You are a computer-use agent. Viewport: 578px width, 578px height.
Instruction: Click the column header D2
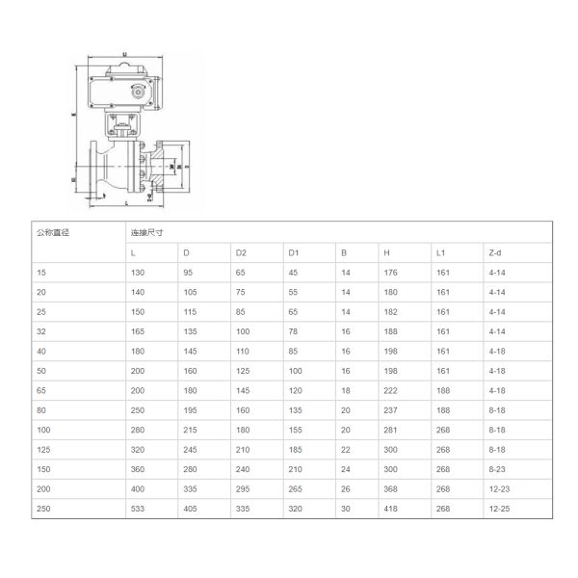(x=241, y=252)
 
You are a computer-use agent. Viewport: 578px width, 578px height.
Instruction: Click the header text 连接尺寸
(x=146, y=232)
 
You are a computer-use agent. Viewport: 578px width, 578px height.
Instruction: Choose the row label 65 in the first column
(x=40, y=391)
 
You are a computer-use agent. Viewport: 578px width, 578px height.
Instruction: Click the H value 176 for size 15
(x=390, y=273)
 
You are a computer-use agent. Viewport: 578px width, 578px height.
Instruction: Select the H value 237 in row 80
(x=390, y=410)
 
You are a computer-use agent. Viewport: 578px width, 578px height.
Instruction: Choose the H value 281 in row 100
(x=390, y=431)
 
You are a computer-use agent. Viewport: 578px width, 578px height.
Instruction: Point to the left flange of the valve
(x=94, y=168)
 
